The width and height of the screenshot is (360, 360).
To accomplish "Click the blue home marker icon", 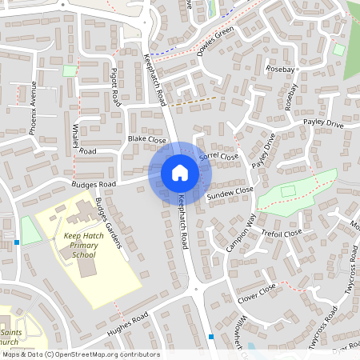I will point(180,173).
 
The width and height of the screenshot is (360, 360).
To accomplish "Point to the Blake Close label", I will point(146,139).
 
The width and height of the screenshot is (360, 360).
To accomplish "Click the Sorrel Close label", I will point(219,155).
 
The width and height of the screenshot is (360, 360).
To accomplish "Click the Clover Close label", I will point(257,293).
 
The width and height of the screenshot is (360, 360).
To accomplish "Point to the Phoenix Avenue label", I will point(33,107).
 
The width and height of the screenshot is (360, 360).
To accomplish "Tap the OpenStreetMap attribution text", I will point(80,354).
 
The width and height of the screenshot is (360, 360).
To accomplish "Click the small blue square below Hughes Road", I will point(211,337).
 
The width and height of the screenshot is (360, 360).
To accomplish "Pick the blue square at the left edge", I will point(17,242).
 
